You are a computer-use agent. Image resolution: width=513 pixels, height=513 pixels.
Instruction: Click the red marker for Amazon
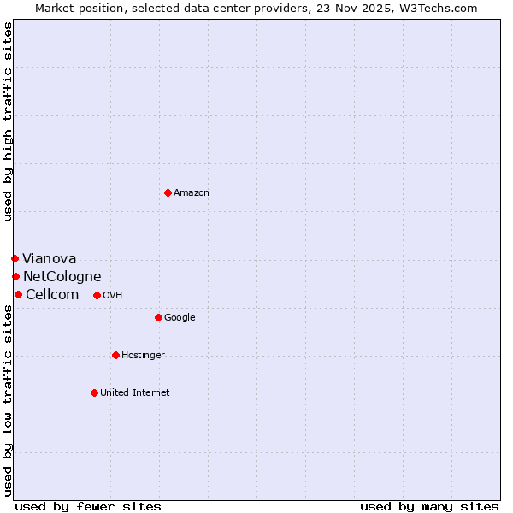(168, 192)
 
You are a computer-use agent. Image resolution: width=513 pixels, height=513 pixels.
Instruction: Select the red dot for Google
(158, 317)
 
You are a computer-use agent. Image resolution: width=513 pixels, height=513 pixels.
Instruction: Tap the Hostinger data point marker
(115, 355)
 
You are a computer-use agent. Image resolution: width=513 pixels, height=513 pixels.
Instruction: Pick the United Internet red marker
(94, 392)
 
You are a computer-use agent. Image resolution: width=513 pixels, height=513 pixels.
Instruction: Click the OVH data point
(97, 295)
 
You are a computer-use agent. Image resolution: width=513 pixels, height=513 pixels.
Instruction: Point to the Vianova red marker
(15, 258)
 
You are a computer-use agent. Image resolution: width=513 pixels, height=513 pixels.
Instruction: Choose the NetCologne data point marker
(15, 276)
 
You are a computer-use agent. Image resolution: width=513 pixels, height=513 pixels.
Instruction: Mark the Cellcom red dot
(18, 294)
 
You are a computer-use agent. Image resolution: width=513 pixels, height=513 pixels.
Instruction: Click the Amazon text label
(192, 193)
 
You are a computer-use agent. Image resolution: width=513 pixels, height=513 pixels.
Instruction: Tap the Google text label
(180, 318)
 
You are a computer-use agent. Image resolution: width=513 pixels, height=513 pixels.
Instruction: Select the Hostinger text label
(143, 356)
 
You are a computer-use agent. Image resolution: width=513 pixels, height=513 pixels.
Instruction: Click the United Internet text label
(135, 393)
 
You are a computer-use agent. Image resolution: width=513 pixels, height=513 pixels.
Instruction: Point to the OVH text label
(113, 296)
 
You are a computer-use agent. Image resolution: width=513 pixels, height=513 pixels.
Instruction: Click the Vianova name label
(50, 259)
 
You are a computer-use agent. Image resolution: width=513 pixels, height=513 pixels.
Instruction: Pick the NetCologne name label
(62, 277)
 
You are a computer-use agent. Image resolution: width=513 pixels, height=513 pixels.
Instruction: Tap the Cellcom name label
(52, 295)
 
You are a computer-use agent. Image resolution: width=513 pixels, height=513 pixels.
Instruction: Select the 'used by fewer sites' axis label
(88, 506)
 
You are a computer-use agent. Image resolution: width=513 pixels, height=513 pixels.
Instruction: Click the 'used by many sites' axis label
(429, 506)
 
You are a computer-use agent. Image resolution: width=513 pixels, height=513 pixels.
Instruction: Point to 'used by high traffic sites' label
(9, 121)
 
